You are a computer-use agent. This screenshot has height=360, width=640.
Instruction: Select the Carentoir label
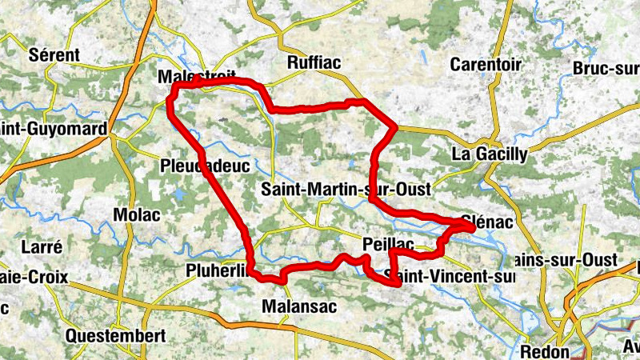486,64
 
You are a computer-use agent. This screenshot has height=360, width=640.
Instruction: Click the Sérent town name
54,55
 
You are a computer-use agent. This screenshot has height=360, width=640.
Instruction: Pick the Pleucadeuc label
206,166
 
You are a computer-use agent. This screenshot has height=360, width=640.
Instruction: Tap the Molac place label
137,215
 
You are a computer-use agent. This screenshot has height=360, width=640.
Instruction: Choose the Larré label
41,246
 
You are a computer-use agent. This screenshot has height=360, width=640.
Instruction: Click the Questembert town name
116,334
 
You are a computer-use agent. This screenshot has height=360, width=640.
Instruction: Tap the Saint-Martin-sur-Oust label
346,190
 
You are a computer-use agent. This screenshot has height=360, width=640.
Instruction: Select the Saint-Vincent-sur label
448,277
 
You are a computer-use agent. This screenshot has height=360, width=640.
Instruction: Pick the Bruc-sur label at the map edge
606,69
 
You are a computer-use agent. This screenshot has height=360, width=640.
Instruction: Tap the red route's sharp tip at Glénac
474,227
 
